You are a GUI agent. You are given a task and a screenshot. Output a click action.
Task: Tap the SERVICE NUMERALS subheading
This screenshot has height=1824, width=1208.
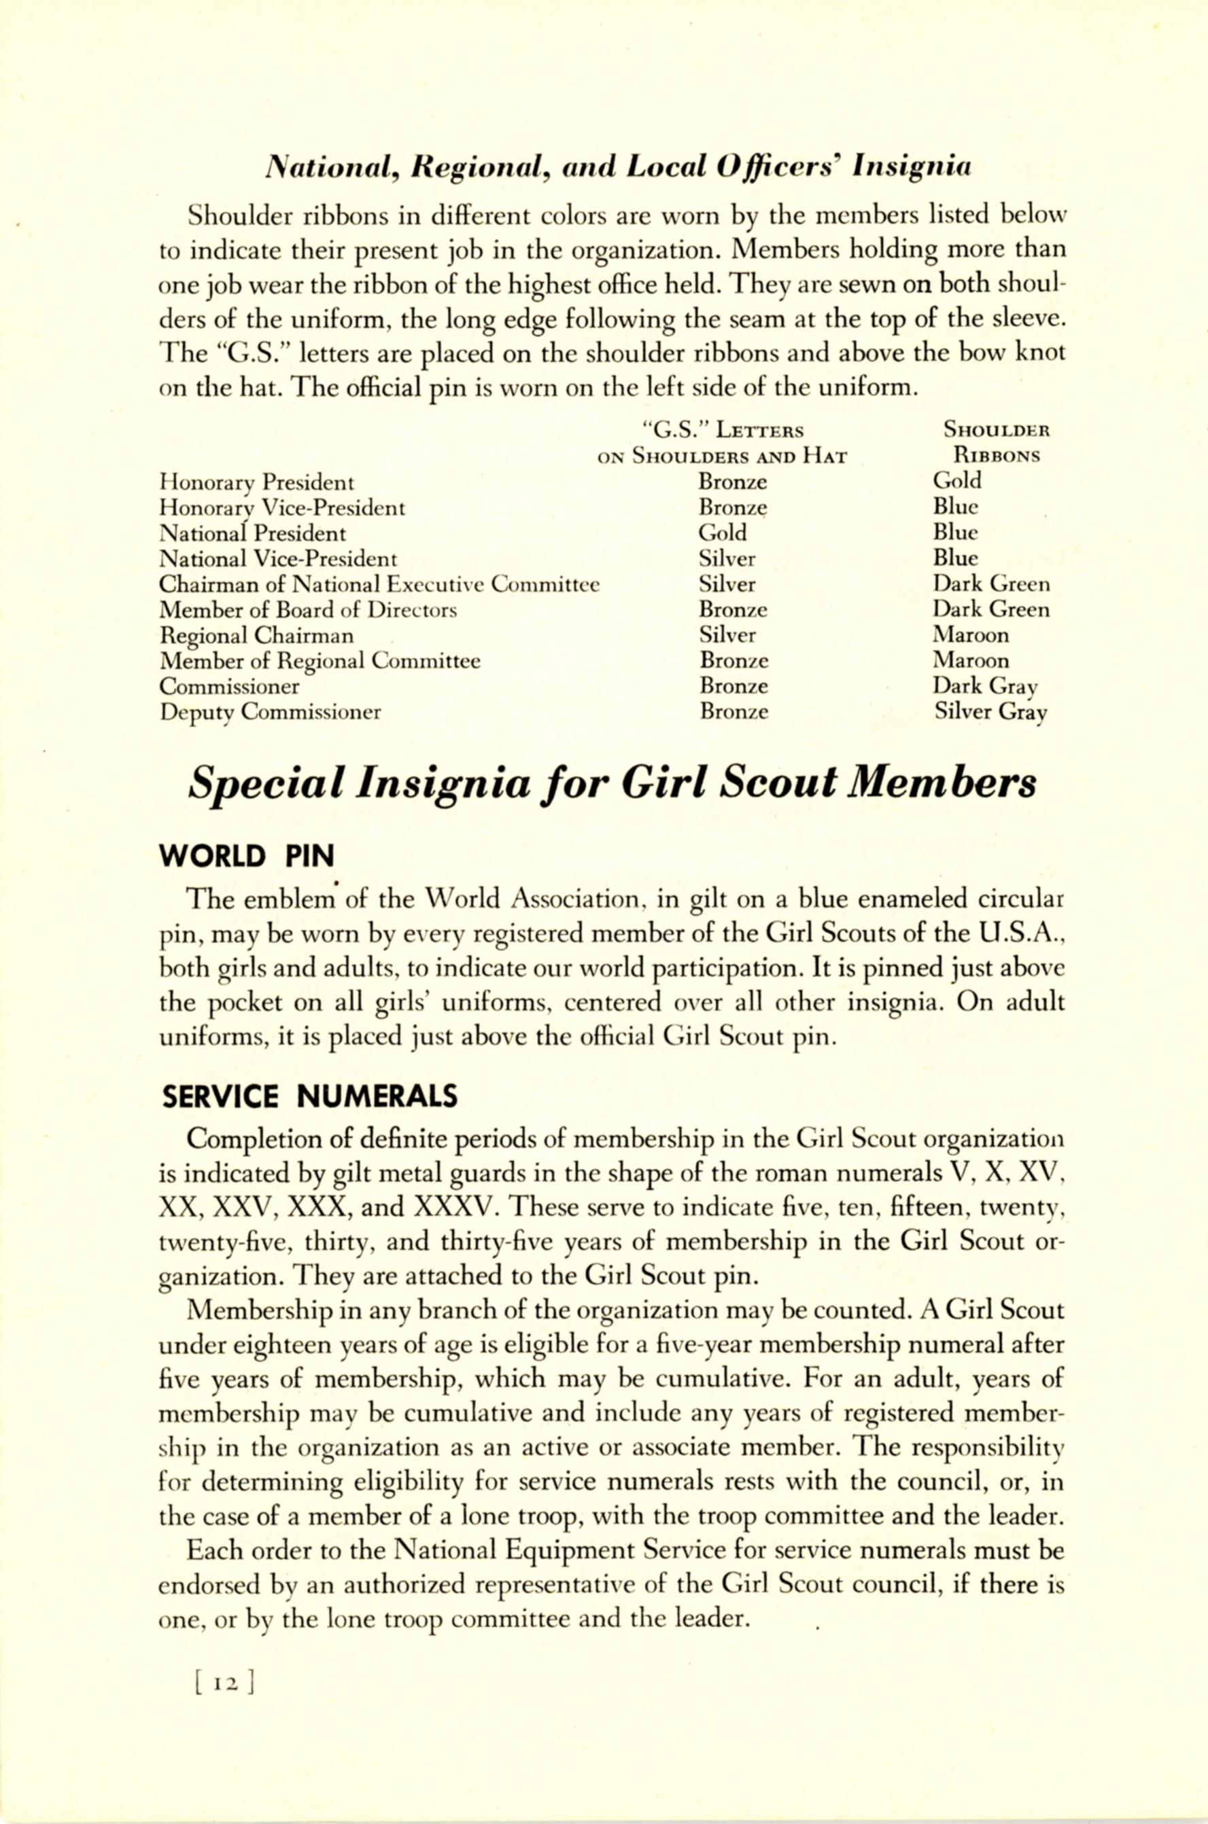point(310,1096)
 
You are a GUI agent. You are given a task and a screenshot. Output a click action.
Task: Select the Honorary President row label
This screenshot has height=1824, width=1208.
point(256,484)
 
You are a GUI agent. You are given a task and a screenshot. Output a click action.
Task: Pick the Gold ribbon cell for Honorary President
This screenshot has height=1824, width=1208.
point(957,481)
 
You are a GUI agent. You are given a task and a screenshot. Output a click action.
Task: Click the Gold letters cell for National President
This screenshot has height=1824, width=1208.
point(722,533)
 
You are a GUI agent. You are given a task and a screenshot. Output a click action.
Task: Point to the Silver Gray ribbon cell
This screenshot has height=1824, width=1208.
point(990,712)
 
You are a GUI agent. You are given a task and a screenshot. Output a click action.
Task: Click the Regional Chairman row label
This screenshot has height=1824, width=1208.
point(256,636)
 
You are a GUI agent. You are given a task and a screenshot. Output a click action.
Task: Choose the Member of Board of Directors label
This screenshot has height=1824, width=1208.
point(308,611)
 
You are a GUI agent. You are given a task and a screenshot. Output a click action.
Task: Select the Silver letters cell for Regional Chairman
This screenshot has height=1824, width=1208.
point(727,635)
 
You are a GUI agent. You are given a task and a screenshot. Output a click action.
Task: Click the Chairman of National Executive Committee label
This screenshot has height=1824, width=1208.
point(379,585)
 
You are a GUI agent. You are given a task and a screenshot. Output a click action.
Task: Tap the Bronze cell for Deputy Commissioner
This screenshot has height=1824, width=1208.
point(734,712)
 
